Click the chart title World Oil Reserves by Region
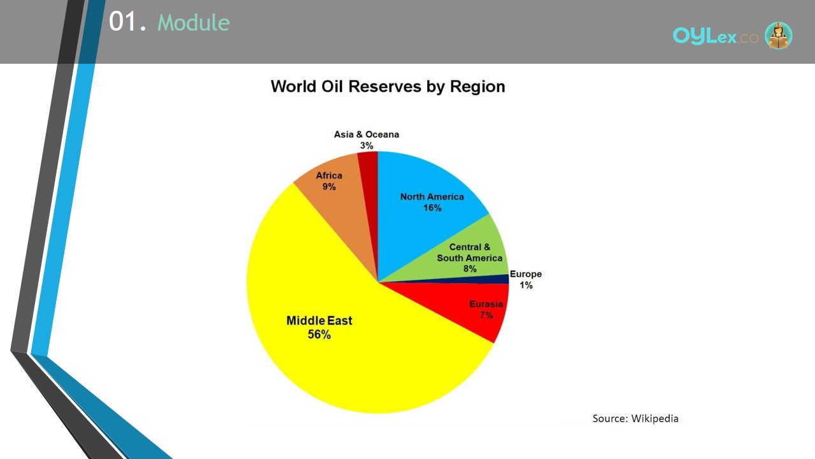[388, 87]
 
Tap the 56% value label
[319, 335]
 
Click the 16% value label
[432, 208]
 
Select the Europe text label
[526, 274]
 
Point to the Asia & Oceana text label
[366, 135]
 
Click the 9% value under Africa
[329, 187]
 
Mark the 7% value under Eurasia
[486, 315]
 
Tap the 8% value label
[470, 269]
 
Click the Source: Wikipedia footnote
[635, 419]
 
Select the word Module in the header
[194, 22]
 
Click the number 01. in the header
[127, 21]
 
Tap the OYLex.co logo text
[715, 36]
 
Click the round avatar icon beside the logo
[778, 35]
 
